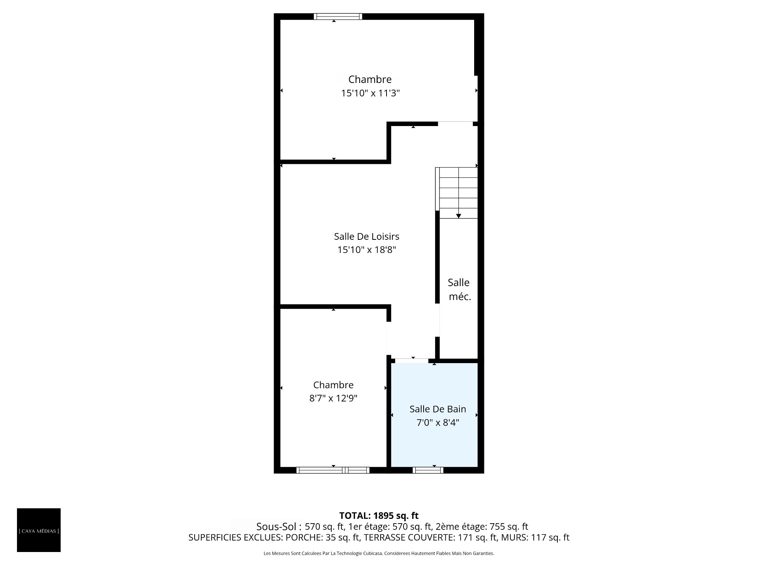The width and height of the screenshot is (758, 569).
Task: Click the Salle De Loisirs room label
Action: [x=366, y=236]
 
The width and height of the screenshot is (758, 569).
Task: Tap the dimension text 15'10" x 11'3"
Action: [x=370, y=93]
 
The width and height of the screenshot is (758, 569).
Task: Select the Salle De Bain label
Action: [x=438, y=409]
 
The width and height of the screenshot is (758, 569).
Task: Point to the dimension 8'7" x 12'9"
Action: [x=333, y=398]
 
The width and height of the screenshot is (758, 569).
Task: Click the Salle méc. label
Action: [x=459, y=290]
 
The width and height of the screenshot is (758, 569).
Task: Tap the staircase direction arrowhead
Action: [x=458, y=216]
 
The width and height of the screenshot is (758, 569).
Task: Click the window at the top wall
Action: [x=338, y=17]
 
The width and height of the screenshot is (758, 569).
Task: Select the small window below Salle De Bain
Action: [x=428, y=470]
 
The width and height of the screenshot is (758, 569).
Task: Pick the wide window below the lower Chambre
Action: [x=333, y=470]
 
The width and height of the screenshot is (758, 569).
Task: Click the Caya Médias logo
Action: [x=39, y=530]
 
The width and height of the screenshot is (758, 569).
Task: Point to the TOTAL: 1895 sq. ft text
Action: [x=379, y=516]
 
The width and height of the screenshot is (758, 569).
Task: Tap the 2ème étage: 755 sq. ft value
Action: [x=482, y=527]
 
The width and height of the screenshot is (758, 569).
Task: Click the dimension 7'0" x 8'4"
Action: [x=438, y=423]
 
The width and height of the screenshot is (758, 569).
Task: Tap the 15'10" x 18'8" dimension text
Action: [x=366, y=250]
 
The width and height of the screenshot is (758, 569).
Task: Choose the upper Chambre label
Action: [x=370, y=79]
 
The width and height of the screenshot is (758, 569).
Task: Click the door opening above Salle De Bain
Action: [x=412, y=360]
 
